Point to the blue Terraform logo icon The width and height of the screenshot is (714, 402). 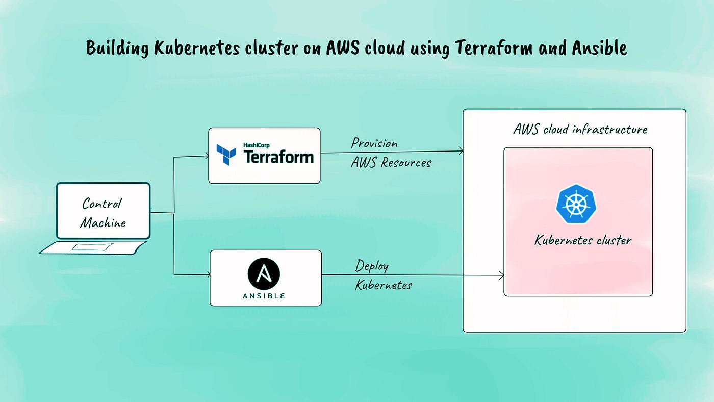tap(226, 155)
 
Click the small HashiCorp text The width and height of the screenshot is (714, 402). tap(256, 145)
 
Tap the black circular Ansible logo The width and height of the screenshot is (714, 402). tap(264, 274)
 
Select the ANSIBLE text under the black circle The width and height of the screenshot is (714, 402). tap(264, 296)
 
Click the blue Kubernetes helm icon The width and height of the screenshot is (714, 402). tap(576, 204)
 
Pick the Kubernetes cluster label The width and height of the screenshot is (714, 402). tap(583, 240)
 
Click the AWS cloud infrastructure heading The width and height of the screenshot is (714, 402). tap(580, 129)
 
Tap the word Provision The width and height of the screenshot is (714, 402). tap(374, 143)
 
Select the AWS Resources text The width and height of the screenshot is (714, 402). tap(391, 163)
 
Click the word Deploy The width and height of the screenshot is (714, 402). tap(372, 266)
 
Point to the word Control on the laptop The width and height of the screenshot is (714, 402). tap(102, 204)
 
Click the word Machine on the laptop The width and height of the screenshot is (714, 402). tap(103, 222)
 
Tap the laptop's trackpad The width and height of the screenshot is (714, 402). tap(92, 247)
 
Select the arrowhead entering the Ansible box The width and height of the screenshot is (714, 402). tap(208, 275)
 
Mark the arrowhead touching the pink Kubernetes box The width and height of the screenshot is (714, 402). tap(501, 275)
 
